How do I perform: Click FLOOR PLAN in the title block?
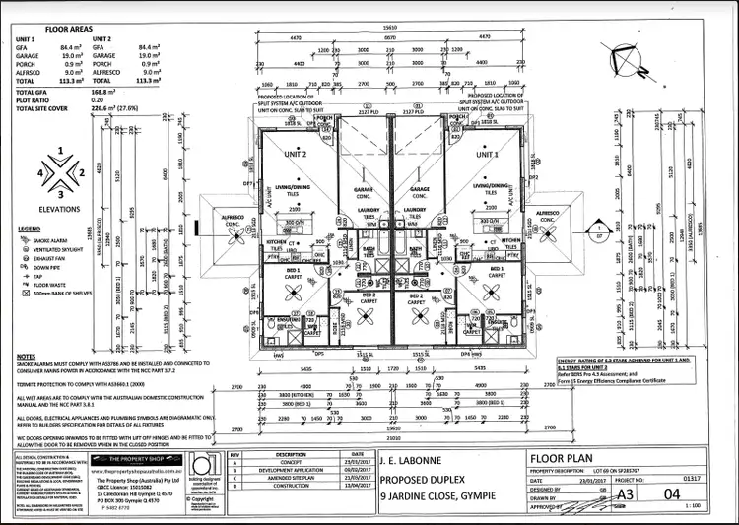coord(563,458)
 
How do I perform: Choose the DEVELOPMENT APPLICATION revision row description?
coord(291,471)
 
